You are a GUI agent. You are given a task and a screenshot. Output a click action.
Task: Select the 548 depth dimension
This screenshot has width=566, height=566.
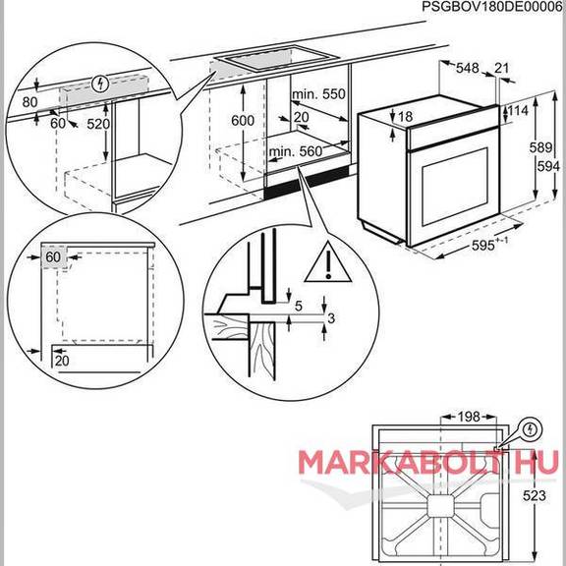[468, 68]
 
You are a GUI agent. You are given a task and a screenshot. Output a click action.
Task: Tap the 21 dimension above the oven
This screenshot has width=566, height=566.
[501, 68]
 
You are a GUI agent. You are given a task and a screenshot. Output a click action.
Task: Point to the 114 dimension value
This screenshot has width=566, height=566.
[518, 110]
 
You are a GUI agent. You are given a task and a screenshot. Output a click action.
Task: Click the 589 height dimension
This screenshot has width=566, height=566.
[540, 147]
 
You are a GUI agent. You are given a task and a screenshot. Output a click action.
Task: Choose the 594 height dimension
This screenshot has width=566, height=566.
[548, 166]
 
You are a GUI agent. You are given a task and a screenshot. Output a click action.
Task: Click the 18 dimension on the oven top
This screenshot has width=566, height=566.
[405, 116]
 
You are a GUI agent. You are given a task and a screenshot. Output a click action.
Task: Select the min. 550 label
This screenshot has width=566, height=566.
[318, 94]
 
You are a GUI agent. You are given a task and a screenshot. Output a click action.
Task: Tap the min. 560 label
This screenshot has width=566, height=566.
[295, 151]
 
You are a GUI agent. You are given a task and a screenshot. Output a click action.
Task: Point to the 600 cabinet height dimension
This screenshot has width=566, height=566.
[243, 121]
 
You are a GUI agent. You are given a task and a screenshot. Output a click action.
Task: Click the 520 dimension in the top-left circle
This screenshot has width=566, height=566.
[98, 124]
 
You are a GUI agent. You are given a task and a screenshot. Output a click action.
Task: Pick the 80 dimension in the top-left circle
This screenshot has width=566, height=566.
[29, 102]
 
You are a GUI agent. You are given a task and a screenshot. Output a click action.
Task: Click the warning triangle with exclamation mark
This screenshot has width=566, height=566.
[328, 263]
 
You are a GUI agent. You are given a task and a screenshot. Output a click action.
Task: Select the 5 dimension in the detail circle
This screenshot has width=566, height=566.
[298, 307]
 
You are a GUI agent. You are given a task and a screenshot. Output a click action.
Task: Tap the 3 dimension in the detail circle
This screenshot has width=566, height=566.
[331, 318]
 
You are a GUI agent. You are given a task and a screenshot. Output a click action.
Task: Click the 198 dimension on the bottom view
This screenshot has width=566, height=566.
[469, 417]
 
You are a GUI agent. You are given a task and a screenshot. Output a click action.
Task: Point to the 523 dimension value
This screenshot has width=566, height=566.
[535, 495]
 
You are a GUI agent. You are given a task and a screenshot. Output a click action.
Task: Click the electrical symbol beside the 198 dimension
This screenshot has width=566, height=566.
[530, 429]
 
